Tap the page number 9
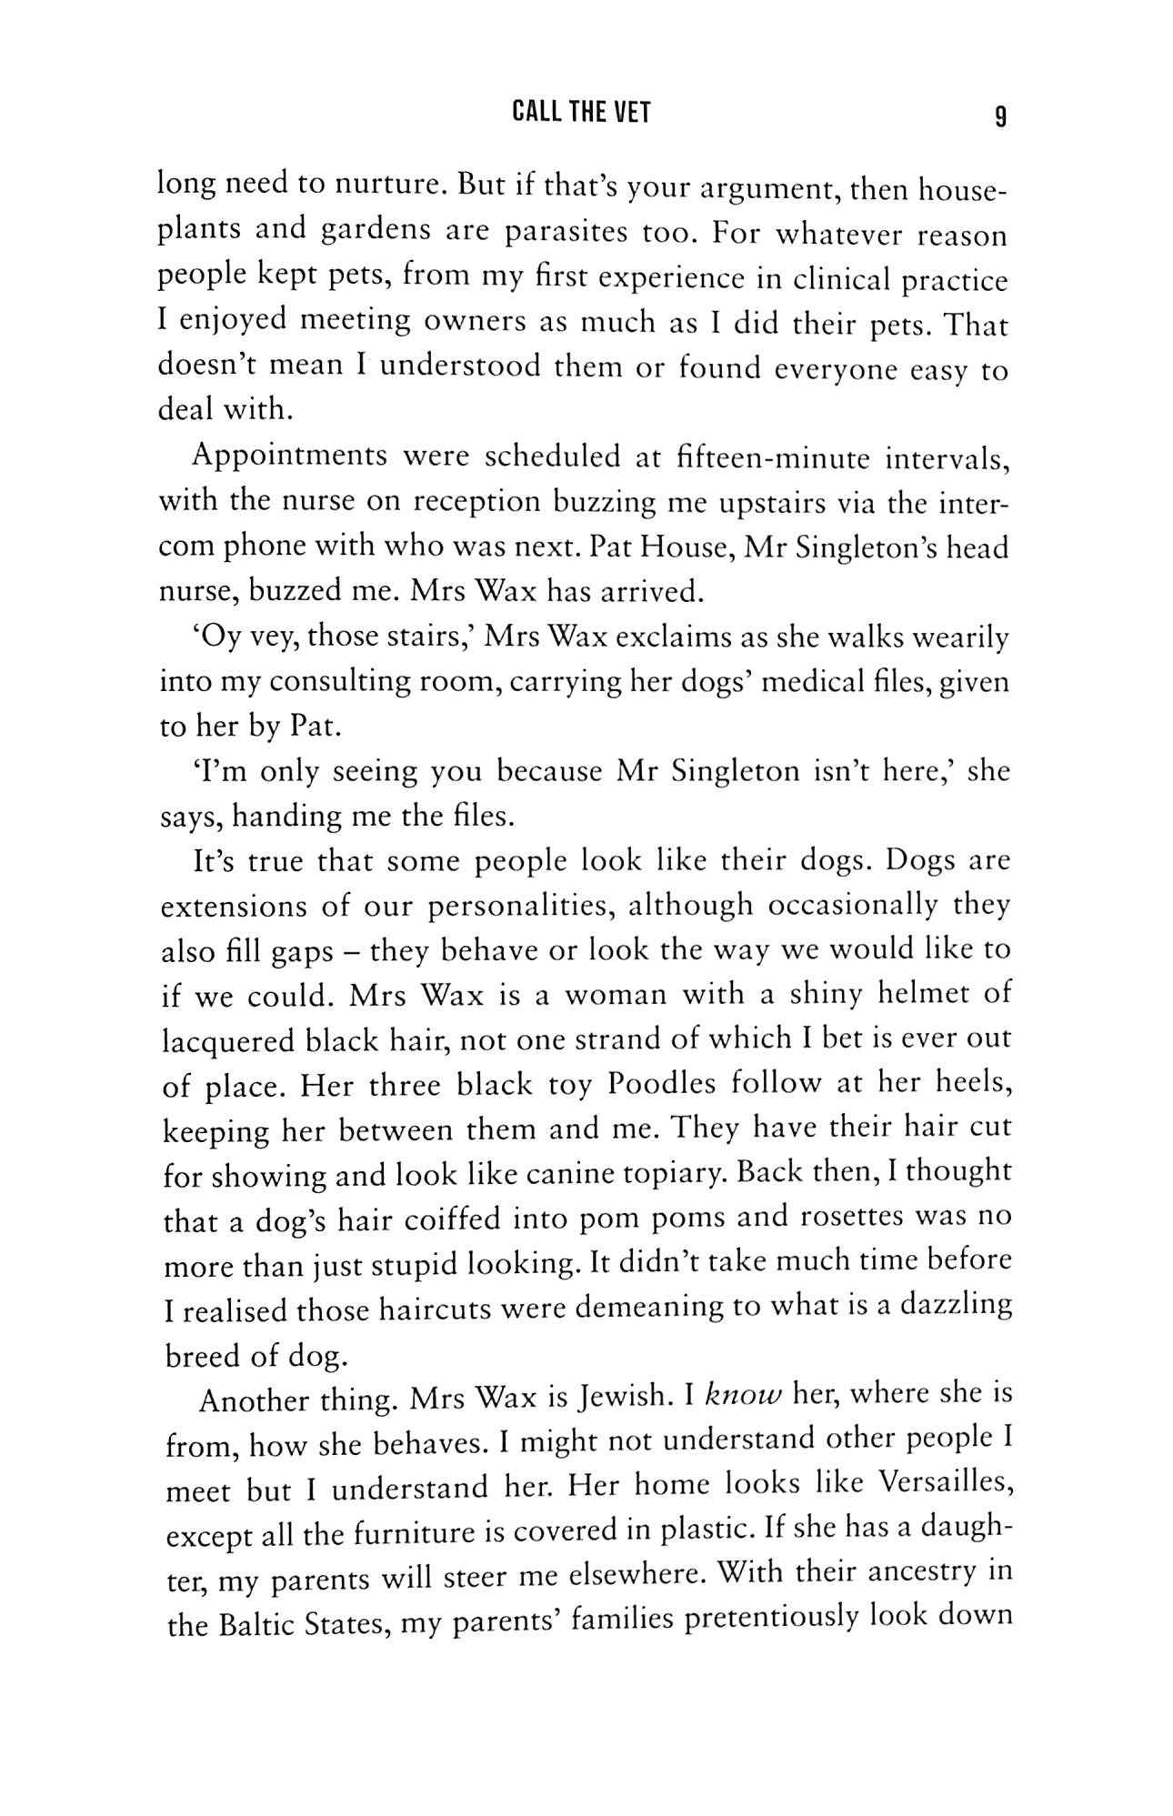point(1000,115)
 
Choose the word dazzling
point(956,1306)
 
